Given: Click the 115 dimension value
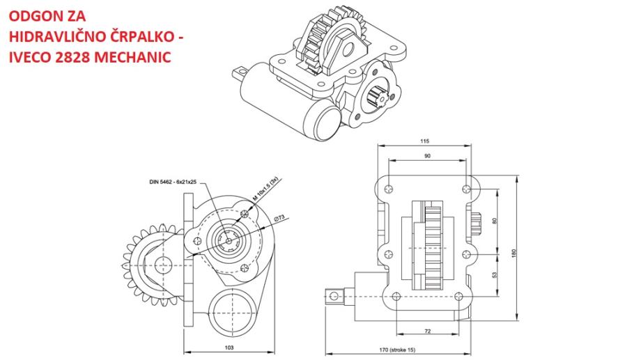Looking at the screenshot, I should [425, 141].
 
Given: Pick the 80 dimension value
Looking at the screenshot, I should [495, 221].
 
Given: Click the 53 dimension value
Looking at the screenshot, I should [495, 275].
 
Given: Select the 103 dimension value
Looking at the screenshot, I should [229, 346].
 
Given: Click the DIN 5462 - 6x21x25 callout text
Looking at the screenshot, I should [173, 181].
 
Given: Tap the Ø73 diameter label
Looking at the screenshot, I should [280, 218].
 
